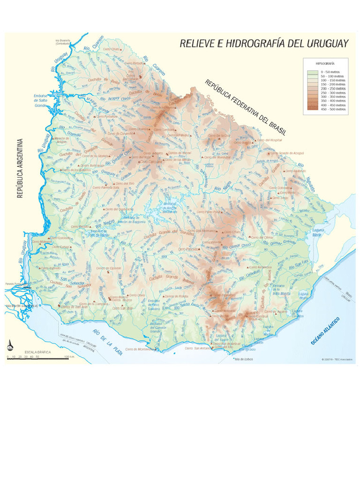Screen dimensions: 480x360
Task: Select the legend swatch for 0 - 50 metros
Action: click(313, 71)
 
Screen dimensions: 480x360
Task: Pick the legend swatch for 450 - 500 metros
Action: click(313, 109)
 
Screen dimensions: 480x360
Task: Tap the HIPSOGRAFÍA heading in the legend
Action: click(325, 62)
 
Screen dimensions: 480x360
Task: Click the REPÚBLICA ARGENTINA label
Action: click(20, 167)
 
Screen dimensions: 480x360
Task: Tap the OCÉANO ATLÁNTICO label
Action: click(325, 331)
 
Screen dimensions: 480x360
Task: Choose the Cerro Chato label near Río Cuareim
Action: click(112, 49)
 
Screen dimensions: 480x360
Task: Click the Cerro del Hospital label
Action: click(272, 140)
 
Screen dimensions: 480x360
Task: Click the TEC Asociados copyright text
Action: click(337, 360)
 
